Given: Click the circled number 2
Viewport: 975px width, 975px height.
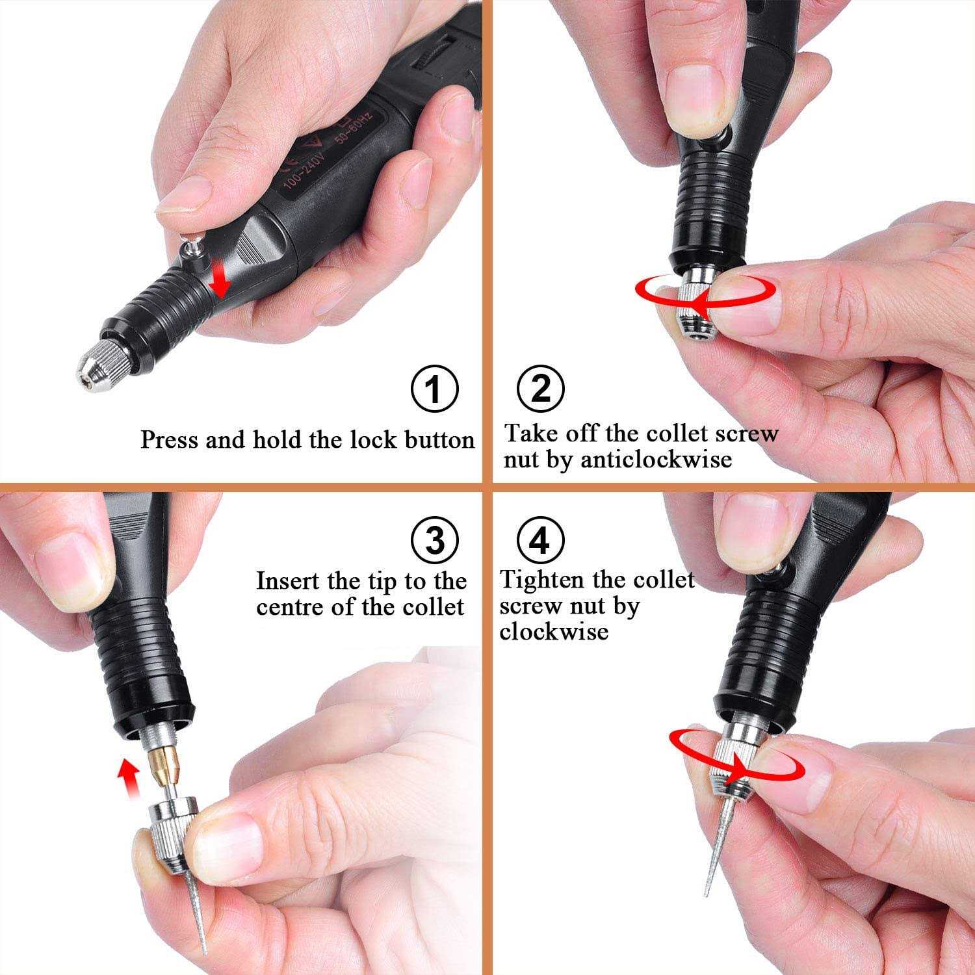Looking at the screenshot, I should coord(541,389).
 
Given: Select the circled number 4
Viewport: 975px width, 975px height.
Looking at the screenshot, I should coord(541,539).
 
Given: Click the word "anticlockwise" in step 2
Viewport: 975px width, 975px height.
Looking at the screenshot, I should coord(656,460).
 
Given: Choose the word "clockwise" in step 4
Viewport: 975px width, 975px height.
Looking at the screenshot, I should coord(554,631).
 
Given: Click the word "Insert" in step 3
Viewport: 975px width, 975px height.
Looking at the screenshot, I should coord(287,580).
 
